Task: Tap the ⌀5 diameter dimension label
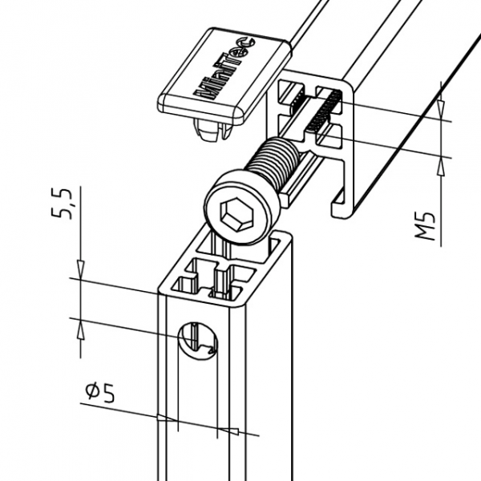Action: pos(100,392)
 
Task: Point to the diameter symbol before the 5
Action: pos(91,392)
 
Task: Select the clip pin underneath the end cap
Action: pos(210,128)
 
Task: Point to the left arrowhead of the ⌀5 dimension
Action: pos(170,418)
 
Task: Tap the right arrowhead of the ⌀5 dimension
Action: pos(224,429)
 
